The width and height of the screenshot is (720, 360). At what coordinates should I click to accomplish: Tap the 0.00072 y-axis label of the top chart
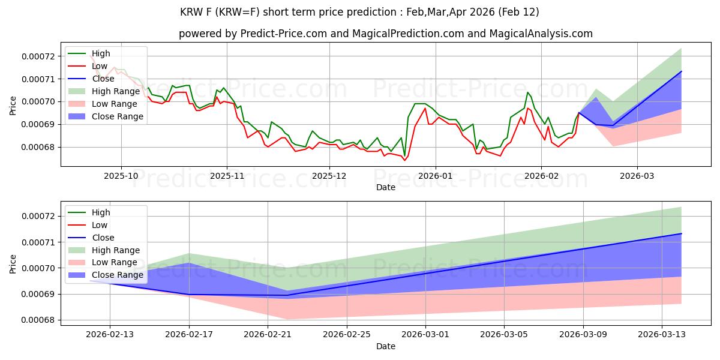[38, 56]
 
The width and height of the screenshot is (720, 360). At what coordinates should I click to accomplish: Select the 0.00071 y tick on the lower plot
[38, 242]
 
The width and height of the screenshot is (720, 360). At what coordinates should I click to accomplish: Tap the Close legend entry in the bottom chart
[103, 238]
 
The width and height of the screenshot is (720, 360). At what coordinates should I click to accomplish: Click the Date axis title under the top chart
[385, 187]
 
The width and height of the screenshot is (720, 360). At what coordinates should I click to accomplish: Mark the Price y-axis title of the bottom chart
[13, 263]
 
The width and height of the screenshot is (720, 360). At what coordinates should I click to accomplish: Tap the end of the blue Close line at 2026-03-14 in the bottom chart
[682, 233]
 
